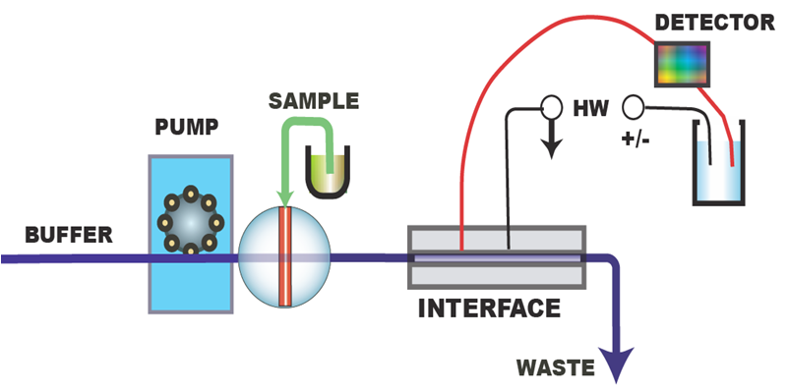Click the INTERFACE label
[489, 308]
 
